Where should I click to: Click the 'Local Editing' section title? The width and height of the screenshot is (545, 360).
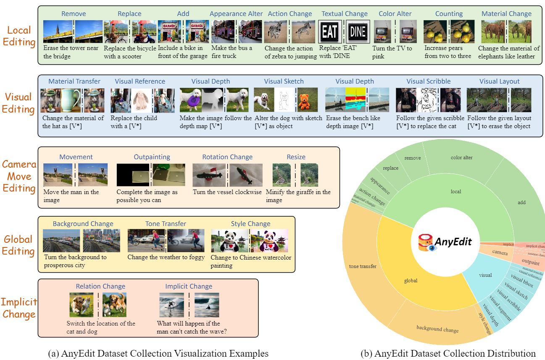point(19,36)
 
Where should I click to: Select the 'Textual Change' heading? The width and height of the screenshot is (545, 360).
point(345,14)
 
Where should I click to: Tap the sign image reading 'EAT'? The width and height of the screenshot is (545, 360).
point(331,32)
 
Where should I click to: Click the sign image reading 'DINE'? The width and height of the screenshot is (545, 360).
point(358,32)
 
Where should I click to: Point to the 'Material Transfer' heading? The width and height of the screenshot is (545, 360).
point(74,81)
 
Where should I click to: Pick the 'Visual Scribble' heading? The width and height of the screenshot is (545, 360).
point(428,81)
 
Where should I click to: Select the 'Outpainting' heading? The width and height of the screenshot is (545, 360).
point(152,157)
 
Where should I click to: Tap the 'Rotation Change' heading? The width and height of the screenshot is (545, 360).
point(227,157)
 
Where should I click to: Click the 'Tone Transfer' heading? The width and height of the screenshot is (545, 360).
point(166,224)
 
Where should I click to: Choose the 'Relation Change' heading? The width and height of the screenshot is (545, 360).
point(100,286)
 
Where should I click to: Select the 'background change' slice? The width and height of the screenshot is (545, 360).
point(437,329)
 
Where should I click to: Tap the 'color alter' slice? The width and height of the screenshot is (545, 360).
point(461,158)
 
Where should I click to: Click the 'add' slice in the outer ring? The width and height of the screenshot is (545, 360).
point(521,202)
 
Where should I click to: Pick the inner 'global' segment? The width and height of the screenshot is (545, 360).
point(411,281)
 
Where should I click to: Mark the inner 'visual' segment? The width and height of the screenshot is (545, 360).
point(485,275)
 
